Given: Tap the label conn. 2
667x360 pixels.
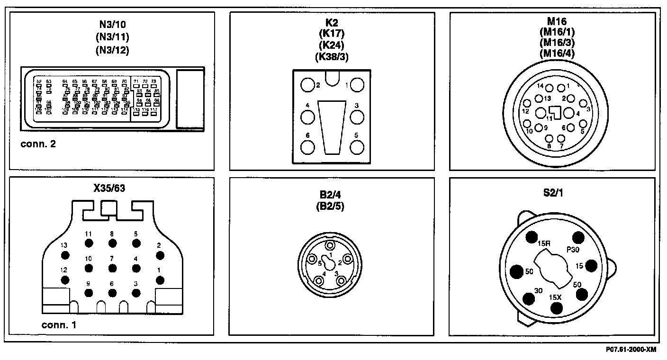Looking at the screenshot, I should [38, 144].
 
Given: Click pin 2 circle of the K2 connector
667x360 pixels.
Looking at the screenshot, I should [308, 85].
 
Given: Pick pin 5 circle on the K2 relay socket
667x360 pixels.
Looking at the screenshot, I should [357, 147].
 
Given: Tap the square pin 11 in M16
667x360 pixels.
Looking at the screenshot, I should [557, 113].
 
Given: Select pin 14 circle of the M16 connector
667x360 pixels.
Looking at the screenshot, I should [550, 88].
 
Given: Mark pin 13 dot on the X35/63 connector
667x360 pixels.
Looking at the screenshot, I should [65, 255].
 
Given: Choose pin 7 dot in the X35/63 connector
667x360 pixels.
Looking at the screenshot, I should [112, 268].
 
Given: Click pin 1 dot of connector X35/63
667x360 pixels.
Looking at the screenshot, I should [160, 280].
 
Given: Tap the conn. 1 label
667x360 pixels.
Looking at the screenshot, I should [59, 325].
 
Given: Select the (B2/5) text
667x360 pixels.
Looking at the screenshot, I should [330, 207].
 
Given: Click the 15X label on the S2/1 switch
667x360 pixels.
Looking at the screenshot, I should [556, 297].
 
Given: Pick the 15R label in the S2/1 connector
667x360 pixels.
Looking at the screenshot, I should [544, 244].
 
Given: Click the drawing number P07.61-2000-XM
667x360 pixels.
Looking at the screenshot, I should [631, 350].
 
